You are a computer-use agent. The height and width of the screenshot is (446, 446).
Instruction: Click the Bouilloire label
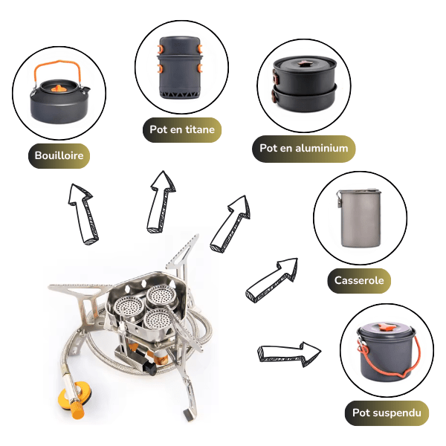pyautogui.click(x=59, y=155)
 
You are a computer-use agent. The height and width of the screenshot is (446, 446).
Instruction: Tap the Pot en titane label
pyautogui.click(x=182, y=129)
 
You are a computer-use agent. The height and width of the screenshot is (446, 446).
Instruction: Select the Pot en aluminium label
pyautogui.click(x=304, y=149)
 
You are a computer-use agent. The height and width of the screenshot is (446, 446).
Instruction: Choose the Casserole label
pyautogui.click(x=359, y=280)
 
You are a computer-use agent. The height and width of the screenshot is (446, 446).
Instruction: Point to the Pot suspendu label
pyautogui.click(x=387, y=413)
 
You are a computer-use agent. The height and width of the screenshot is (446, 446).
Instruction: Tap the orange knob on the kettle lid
pyautogui.click(x=58, y=88)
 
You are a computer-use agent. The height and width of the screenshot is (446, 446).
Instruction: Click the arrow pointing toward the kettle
pyautogui.click(x=83, y=213)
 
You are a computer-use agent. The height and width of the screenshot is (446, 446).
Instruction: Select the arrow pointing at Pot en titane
pyautogui.click(x=161, y=202)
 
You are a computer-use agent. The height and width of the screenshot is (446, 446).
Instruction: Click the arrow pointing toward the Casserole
pyautogui.click(x=271, y=280)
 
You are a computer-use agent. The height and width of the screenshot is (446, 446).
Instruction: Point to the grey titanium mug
pyautogui.click(x=360, y=218)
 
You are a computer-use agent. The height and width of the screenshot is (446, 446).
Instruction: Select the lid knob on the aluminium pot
pyautogui.click(x=304, y=63)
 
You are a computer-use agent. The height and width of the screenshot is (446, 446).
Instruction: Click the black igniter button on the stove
pyautogui.click(x=150, y=368)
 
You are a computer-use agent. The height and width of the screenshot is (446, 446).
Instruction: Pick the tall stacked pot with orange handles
pyautogui.click(x=180, y=68)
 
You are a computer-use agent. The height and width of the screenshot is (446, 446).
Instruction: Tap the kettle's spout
pyautogui.click(x=86, y=91)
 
